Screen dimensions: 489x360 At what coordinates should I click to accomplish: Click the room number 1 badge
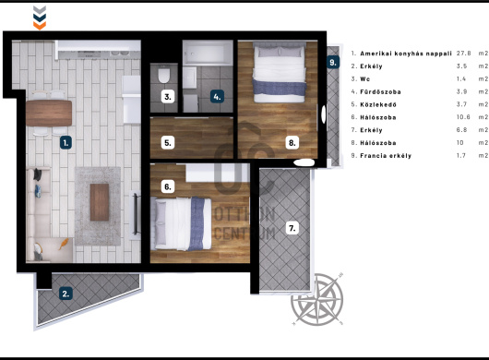point(66,143)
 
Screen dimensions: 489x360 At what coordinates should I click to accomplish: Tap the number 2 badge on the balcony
point(66,294)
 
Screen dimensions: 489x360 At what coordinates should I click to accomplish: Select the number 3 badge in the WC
point(168,97)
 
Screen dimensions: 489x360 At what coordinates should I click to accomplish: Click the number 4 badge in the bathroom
point(217,96)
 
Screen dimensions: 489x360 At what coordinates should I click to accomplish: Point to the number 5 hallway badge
point(168,143)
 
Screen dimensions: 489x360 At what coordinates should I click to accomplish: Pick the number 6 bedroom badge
point(168,186)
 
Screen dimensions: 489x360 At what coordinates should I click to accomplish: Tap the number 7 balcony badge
point(292,228)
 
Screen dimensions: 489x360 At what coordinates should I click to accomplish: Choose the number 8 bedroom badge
point(292,143)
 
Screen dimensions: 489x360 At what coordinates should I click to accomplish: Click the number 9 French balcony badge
point(333,62)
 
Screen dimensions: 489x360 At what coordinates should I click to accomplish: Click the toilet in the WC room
point(164,75)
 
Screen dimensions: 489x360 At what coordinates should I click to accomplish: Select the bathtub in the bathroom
point(208,53)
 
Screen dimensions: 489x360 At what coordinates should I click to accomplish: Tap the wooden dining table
point(49,113)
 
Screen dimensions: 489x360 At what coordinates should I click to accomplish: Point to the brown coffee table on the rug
point(100,202)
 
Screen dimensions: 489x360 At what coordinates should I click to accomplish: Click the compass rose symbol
point(317,299)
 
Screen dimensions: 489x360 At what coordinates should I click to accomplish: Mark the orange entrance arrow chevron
point(40,26)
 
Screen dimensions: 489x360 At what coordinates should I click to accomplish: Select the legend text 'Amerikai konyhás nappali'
point(406,54)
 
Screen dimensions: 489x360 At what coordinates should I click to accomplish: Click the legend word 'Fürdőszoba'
point(380,91)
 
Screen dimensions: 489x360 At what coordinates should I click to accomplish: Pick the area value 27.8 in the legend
point(464,54)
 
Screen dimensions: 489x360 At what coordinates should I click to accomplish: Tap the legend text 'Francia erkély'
point(386,156)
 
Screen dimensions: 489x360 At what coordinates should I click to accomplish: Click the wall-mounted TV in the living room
point(136,213)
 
